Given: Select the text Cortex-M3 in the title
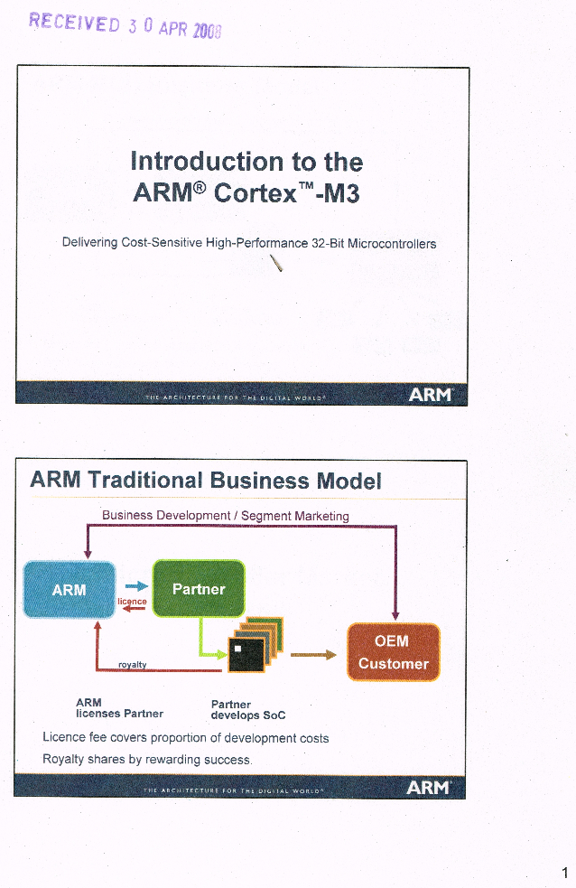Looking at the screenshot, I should [287, 192].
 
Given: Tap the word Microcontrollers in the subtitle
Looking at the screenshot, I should [392, 244].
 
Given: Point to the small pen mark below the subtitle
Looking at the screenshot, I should [277, 263].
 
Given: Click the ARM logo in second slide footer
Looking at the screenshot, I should [429, 788].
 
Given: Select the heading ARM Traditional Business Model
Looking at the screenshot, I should [206, 481].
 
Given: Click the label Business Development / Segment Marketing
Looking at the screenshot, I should [225, 516].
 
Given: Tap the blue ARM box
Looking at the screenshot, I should [70, 589].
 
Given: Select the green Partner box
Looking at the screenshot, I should [199, 589].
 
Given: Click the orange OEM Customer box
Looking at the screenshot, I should [393, 652].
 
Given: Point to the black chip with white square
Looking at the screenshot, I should [246, 654].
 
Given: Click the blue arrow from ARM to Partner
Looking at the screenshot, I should [136, 587].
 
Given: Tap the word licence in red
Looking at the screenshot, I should [133, 601].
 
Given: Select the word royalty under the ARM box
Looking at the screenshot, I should [133, 665].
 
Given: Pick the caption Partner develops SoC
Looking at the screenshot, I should [247, 710].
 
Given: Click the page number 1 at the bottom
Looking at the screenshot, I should [563, 873].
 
